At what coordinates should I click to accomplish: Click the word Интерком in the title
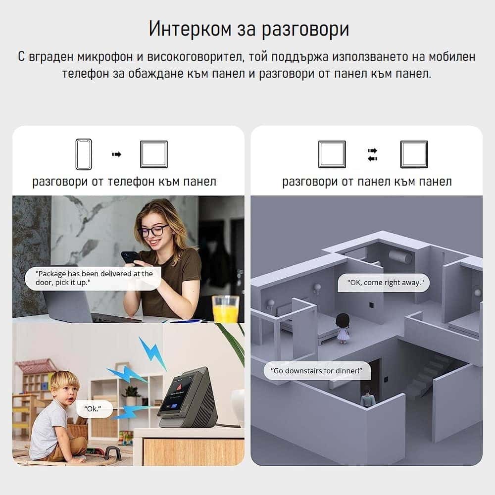[x=190, y=29]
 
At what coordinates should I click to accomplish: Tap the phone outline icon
[x=84, y=154]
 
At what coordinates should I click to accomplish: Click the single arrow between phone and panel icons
[x=116, y=154]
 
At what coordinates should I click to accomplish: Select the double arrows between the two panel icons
[x=373, y=154]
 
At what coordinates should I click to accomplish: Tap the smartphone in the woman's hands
[x=130, y=257]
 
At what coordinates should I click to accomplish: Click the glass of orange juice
[x=225, y=309]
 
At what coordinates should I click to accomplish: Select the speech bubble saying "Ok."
[x=94, y=409]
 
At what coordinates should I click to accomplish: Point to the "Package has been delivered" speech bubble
[x=93, y=278]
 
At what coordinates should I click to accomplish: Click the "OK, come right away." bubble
[x=384, y=283]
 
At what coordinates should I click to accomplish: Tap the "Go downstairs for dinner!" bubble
[x=317, y=371]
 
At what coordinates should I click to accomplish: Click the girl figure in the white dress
[x=343, y=328]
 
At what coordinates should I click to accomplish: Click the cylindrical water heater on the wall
[x=400, y=256]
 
